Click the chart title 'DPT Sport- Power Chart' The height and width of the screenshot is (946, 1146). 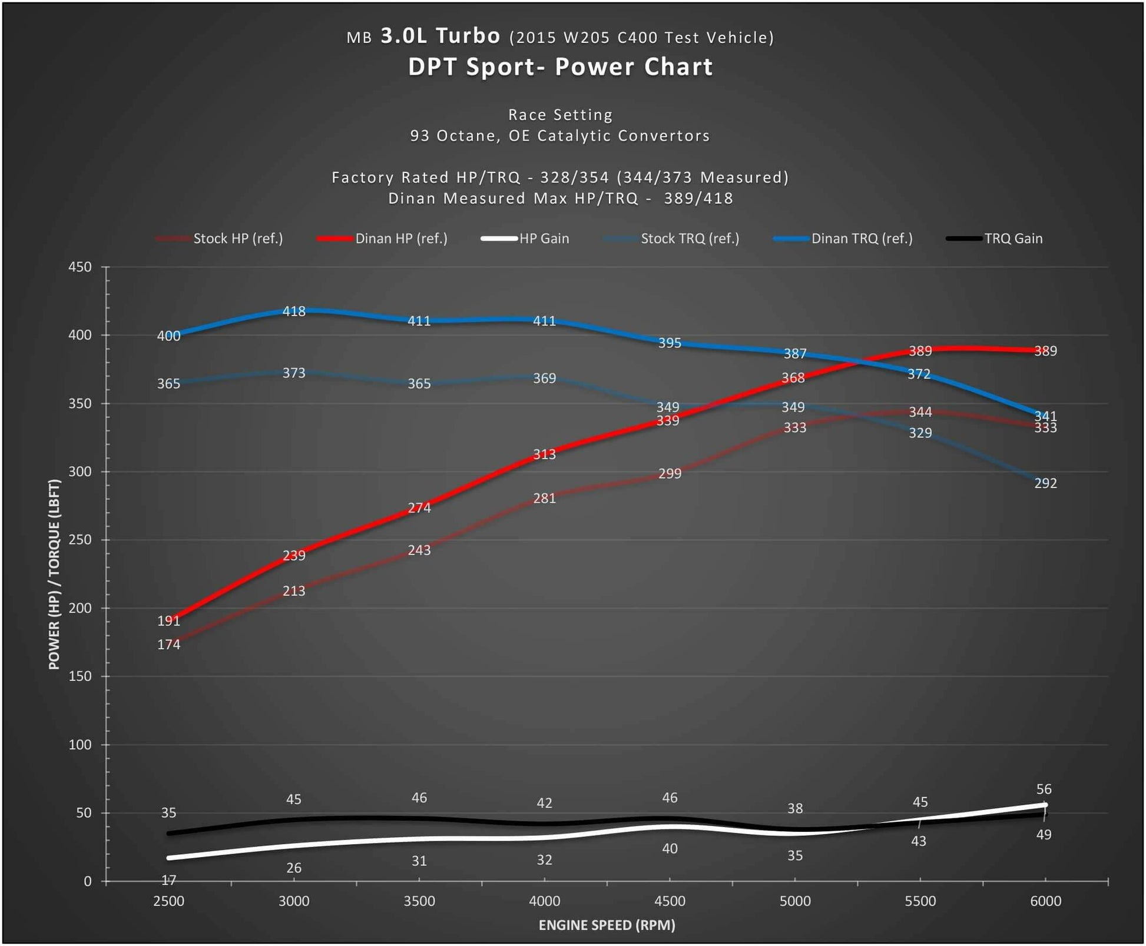point(560,67)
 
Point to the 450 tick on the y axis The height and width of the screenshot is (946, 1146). point(80,267)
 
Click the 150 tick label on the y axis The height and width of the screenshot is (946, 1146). point(80,676)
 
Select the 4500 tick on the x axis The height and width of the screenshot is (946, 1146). point(670,901)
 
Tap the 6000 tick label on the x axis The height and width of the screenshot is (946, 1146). point(1045,901)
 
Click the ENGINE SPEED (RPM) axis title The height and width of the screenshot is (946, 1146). point(607,925)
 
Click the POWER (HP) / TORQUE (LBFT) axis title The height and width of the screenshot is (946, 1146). point(54,575)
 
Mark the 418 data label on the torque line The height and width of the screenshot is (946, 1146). point(294,311)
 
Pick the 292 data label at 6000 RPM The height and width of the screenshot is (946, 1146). point(1045,483)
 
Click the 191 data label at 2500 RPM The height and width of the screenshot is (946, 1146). point(168,621)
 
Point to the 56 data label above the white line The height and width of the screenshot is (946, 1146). point(1044,789)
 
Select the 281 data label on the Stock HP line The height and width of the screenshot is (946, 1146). point(544,499)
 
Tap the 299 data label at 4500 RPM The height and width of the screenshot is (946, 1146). point(670,474)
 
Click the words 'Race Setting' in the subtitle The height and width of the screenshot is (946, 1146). point(560,115)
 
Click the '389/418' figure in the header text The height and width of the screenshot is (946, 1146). point(698,198)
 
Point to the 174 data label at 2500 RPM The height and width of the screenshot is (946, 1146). point(168,645)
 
